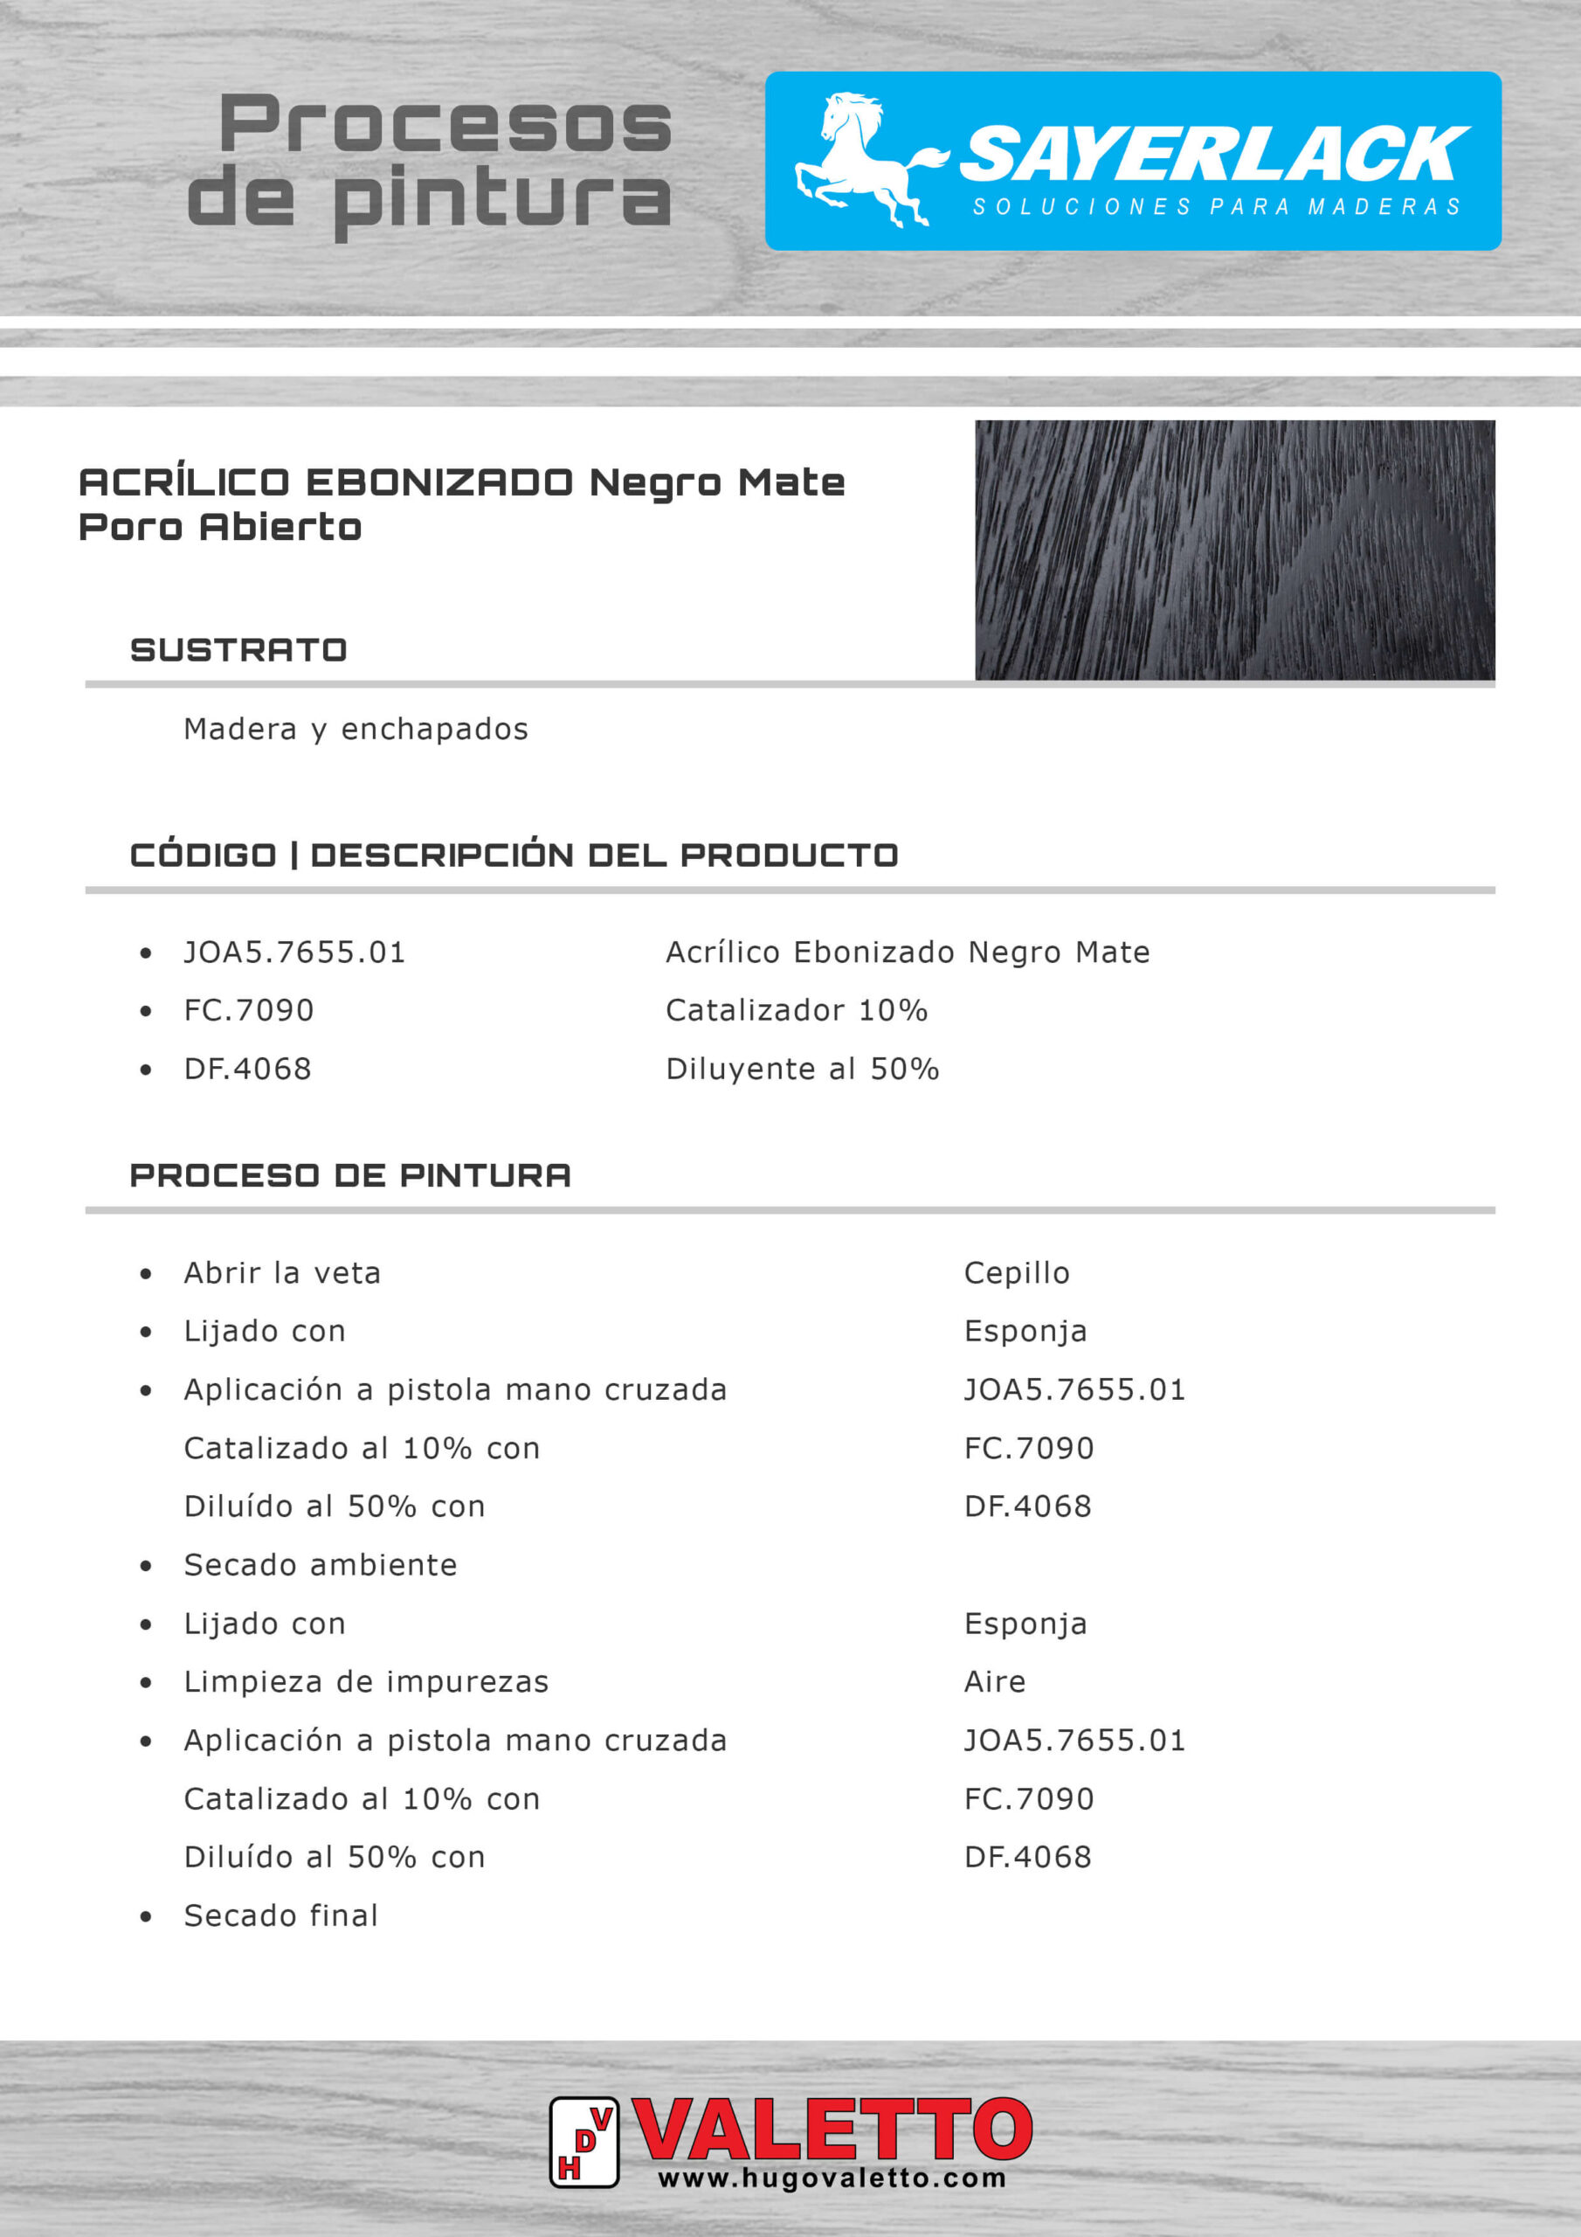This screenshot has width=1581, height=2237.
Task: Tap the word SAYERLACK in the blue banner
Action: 1214,154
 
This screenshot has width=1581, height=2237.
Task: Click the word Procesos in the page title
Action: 446,124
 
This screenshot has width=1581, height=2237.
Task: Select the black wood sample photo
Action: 1234,550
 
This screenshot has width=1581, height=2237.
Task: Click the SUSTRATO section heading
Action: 238,650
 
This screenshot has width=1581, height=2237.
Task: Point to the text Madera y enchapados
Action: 356,729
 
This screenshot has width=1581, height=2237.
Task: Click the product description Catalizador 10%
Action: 796,1010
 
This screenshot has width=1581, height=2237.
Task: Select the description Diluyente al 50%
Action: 802,1069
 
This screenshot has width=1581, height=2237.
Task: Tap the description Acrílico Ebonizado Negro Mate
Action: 907,952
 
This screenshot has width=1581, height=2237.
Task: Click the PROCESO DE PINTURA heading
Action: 350,1175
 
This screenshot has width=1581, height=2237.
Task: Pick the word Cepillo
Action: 1016,1272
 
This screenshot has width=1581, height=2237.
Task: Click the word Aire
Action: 995,1681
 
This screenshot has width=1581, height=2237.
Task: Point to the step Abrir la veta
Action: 282,1272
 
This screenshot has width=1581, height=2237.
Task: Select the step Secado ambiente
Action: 321,1565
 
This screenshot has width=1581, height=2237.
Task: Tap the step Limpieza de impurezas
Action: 366,1681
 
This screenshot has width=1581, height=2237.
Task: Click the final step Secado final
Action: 280,1915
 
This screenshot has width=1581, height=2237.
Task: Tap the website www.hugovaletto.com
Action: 832,2178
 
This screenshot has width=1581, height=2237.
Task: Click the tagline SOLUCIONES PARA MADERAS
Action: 1217,206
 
